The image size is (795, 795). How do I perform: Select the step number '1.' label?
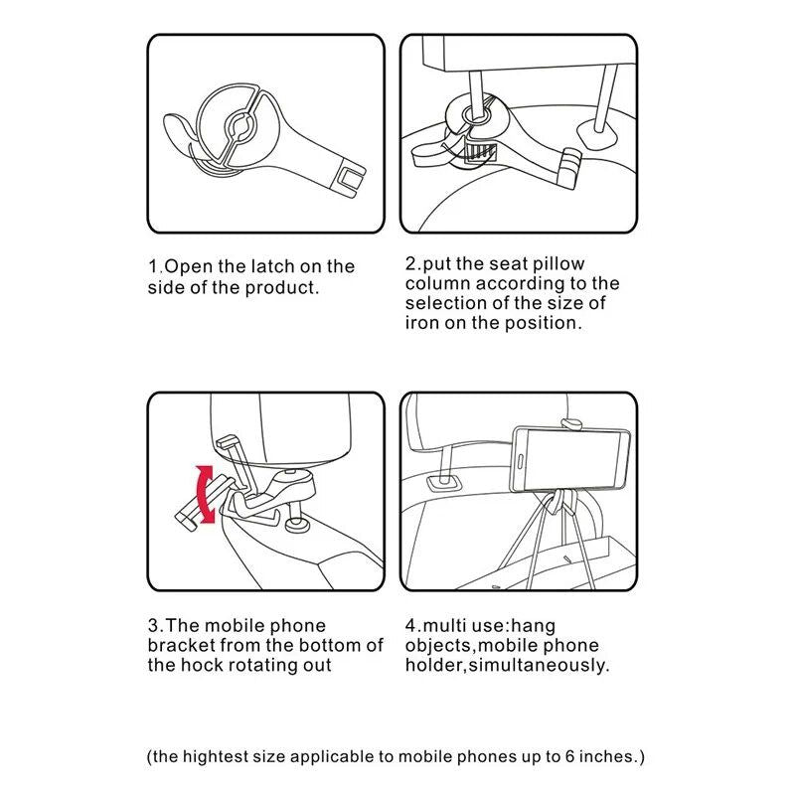(x=155, y=266)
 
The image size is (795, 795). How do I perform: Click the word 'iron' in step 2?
(x=422, y=323)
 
